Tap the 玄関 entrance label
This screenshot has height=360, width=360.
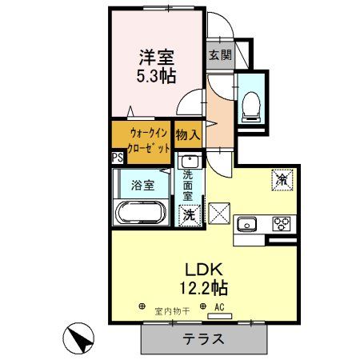(x=221, y=55)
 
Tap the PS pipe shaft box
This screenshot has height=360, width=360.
(x=118, y=157)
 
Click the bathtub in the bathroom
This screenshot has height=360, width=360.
(x=140, y=214)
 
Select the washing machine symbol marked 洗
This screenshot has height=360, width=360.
(x=188, y=214)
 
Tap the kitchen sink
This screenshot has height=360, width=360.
(x=247, y=222)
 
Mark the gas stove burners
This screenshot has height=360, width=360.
(x=282, y=223)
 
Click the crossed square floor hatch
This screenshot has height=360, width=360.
(x=218, y=214)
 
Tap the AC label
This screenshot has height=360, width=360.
(x=218, y=307)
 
